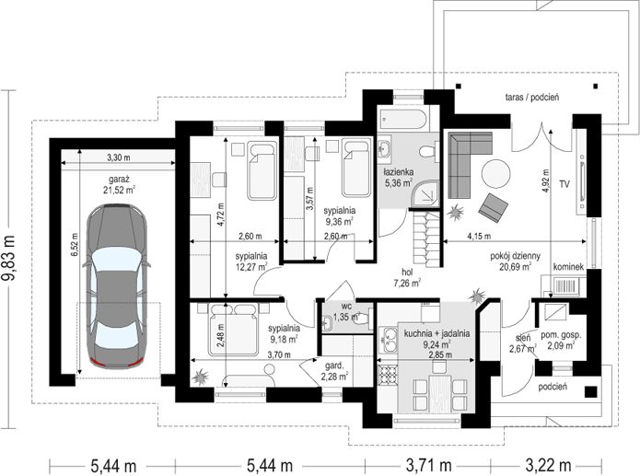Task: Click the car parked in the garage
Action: (116, 286)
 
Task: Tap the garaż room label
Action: (119, 184)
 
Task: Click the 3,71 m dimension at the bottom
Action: (428, 465)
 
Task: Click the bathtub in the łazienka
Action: (402, 119)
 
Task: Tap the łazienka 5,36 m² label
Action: (399, 178)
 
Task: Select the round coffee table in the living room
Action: (495, 174)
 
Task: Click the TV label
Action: (564, 184)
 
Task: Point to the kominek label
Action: (568, 267)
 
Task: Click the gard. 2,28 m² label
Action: (334, 371)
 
